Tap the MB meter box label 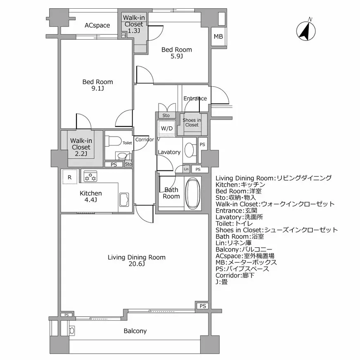[x=218, y=37]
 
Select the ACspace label [x=97, y=26]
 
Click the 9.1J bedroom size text [x=97, y=89]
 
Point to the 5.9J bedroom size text [x=177, y=57]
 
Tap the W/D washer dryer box [x=167, y=128]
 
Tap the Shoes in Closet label [x=192, y=122]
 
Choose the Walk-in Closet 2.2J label [x=81, y=147]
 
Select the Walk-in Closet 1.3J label [x=133, y=24]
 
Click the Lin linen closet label [x=186, y=169]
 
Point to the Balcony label [x=135, y=331]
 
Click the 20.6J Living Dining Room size [x=136, y=264]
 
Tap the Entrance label [x=195, y=99]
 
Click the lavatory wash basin [x=190, y=149]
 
